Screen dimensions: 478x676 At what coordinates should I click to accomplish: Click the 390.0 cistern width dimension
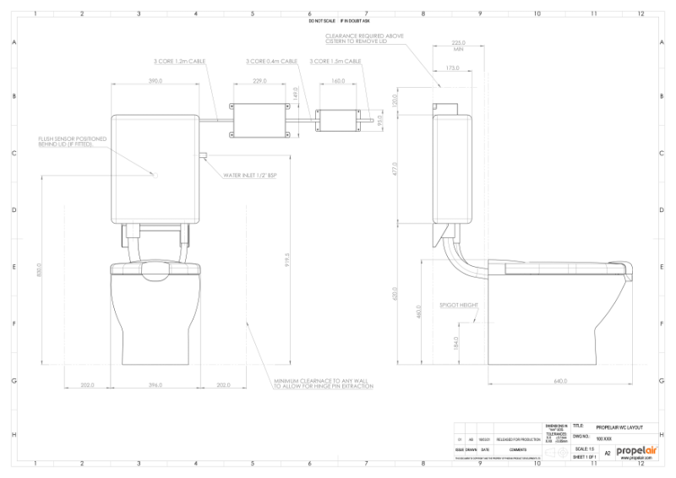click(155, 81)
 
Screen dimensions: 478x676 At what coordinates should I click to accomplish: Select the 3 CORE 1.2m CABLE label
click(180, 62)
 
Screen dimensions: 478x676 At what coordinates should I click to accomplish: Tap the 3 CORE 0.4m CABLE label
click(272, 62)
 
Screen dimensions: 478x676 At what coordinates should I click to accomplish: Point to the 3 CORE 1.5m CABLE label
click(335, 62)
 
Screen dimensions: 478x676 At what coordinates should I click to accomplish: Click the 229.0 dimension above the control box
click(259, 81)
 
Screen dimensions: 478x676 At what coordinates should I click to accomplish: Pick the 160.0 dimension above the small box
click(338, 81)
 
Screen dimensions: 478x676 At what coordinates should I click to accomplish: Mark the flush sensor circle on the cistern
click(155, 174)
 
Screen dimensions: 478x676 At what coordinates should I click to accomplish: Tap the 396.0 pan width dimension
click(155, 385)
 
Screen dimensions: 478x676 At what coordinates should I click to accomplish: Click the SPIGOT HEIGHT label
click(456, 305)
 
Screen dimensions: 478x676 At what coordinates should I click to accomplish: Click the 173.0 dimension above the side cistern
click(452, 68)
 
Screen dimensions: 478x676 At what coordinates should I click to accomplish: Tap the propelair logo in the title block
click(635, 452)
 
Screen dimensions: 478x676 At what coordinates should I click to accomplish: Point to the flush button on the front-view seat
click(155, 270)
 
